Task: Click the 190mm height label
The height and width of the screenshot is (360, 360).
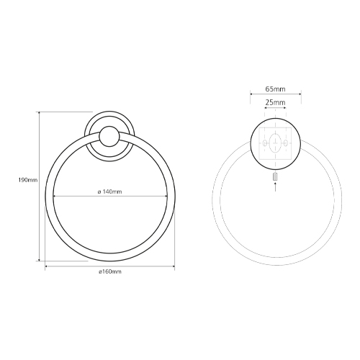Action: (28, 180)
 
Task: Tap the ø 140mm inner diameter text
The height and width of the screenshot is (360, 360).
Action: (110, 192)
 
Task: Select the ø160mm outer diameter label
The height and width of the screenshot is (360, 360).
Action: (110, 271)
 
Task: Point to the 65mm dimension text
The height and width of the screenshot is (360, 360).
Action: (275, 89)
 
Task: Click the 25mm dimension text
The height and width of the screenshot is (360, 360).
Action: (275, 102)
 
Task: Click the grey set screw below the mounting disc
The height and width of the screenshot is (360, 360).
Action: (275, 177)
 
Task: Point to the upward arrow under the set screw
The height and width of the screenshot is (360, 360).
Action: (275, 186)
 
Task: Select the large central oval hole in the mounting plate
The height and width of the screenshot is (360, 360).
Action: (275, 143)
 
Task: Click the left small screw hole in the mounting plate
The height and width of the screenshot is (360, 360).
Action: (264, 143)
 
